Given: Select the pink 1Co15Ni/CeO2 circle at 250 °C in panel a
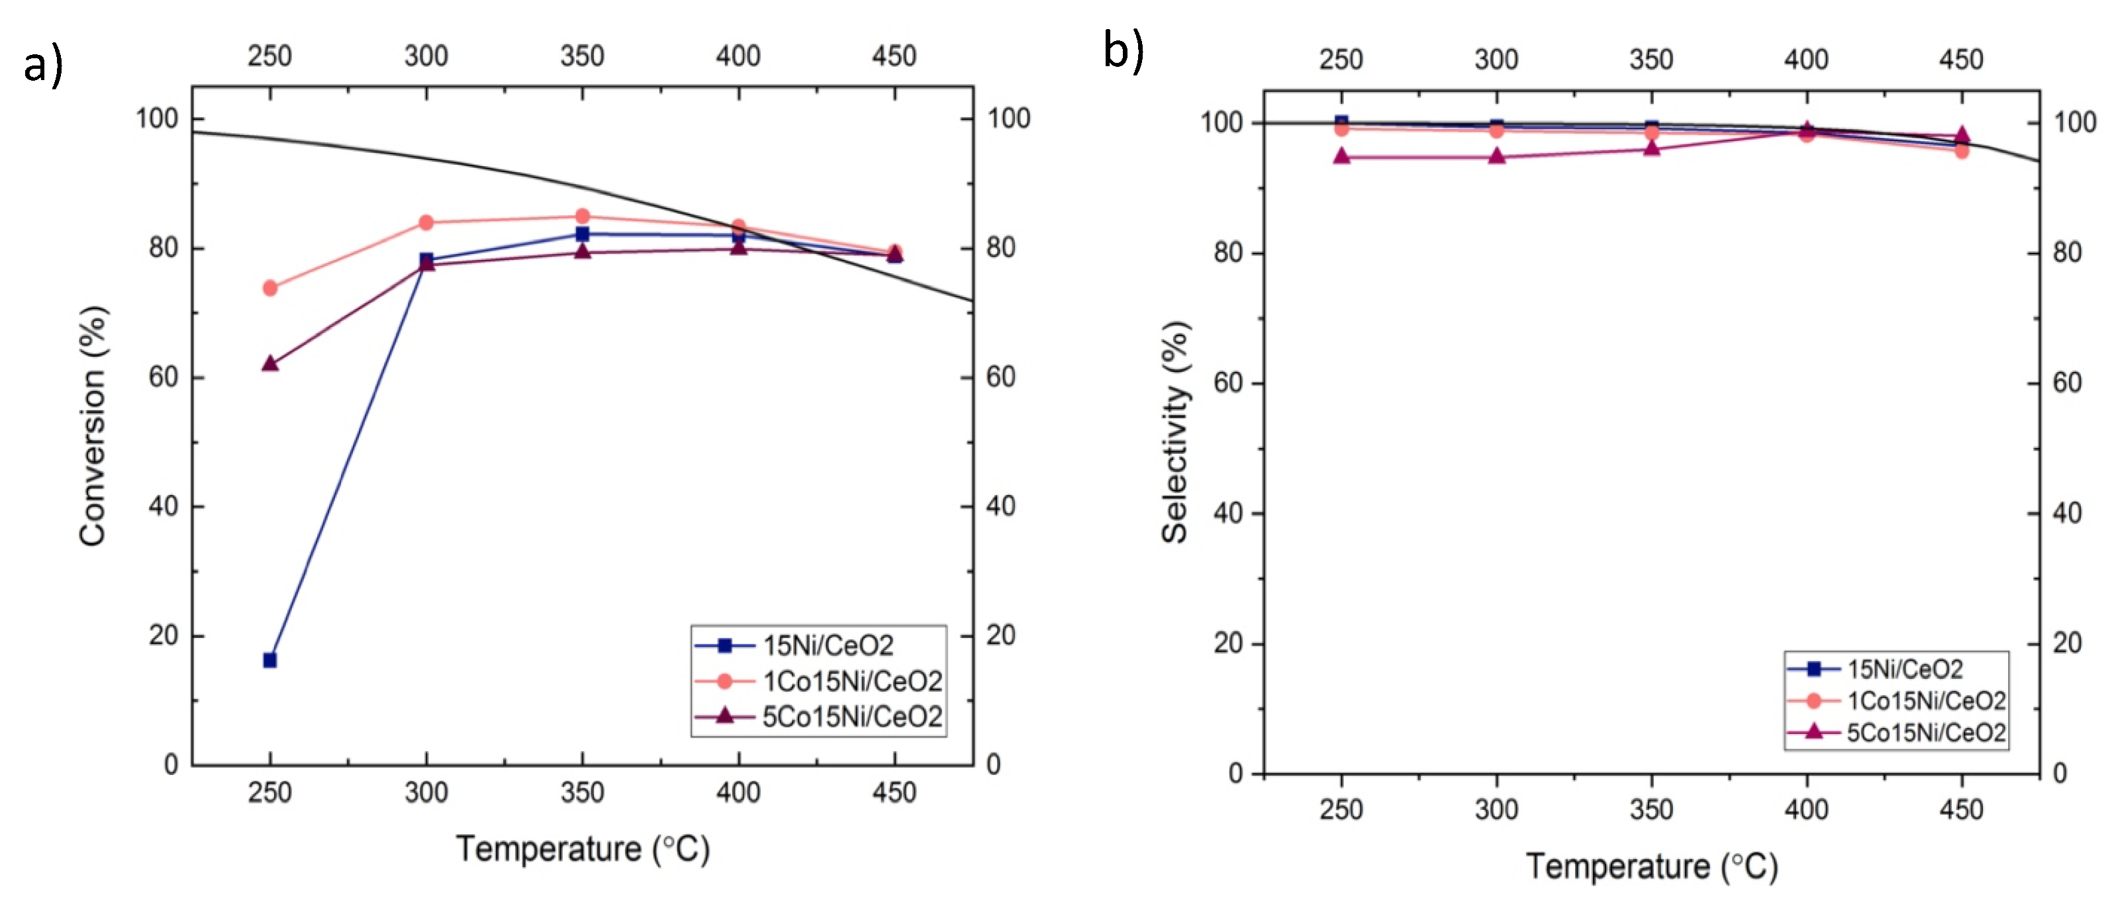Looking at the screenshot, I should [270, 288].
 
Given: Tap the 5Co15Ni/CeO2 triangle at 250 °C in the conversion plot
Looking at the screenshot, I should [270, 363].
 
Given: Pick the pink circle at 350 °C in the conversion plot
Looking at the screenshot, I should [582, 216].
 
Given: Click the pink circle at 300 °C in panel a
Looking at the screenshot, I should [426, 222].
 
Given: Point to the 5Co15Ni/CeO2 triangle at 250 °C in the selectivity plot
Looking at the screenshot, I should [1341, 156].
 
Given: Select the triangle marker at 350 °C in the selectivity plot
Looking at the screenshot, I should [1651, 148].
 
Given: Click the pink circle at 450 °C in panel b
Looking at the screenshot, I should [1961, 150].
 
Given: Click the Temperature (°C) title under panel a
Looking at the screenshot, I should [582, 849].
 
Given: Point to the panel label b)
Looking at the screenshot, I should [1124, 51].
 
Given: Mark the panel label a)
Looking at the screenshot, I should [42, 66].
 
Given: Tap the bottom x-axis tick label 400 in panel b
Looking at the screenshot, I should [1806, 809].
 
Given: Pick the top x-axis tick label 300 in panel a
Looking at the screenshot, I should [426, 56].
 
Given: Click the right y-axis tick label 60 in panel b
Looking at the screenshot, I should [2067, 383].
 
